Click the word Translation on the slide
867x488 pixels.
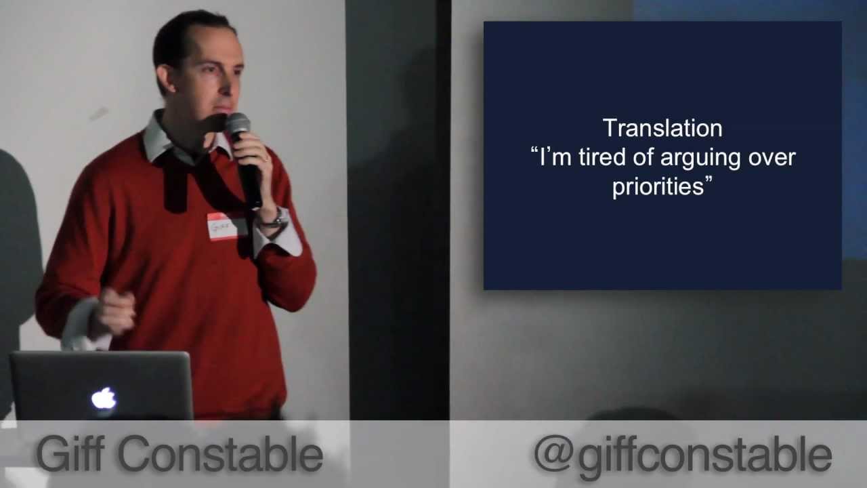click(662, 128)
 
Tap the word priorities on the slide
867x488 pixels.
click(658, 187)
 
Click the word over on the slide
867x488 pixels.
click(771, 158)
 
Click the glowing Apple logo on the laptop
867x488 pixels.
click(104, 399)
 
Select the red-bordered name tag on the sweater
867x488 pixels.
click(222, 226)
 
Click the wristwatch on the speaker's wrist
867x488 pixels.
click(275, 218)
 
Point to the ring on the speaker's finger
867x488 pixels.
click(267, 160)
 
